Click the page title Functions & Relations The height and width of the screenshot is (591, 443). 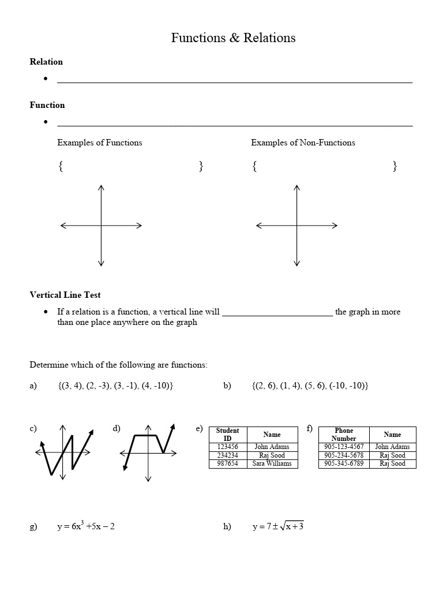(233, 38)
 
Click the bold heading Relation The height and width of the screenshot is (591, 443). (46, 62)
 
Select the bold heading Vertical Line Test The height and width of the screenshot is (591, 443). (65, 295)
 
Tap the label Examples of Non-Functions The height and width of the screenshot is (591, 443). (303, 143)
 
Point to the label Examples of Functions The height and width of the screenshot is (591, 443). (99, 143)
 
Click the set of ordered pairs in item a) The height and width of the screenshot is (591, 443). (115, 386)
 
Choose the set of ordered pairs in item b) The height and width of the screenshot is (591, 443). (310, 386)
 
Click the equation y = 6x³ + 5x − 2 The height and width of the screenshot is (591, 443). (86, 526)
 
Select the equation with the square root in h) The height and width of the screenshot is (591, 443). (278, 526)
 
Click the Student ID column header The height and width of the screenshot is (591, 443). (227, 435)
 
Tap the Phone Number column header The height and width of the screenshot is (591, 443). (344, 435)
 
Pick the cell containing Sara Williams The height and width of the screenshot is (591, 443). (272, 463)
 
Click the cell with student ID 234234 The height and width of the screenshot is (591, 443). (227, 455)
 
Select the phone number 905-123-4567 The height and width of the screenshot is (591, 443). (344, 447)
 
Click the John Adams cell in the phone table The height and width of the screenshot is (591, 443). (392, 447)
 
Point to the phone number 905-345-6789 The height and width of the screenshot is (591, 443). (344, 463)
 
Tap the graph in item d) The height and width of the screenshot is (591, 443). (148, 450)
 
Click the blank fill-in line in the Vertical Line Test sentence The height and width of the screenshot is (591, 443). (277, 312)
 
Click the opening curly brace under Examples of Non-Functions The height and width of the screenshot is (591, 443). (254, 166)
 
